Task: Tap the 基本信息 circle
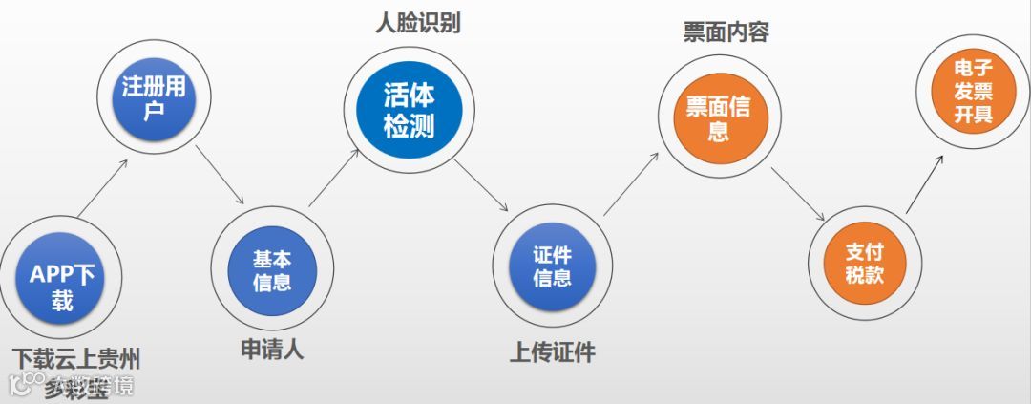[272, 270]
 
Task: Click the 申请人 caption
[271, 349]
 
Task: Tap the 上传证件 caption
[553, 352]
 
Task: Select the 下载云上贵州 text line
[76, 359]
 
